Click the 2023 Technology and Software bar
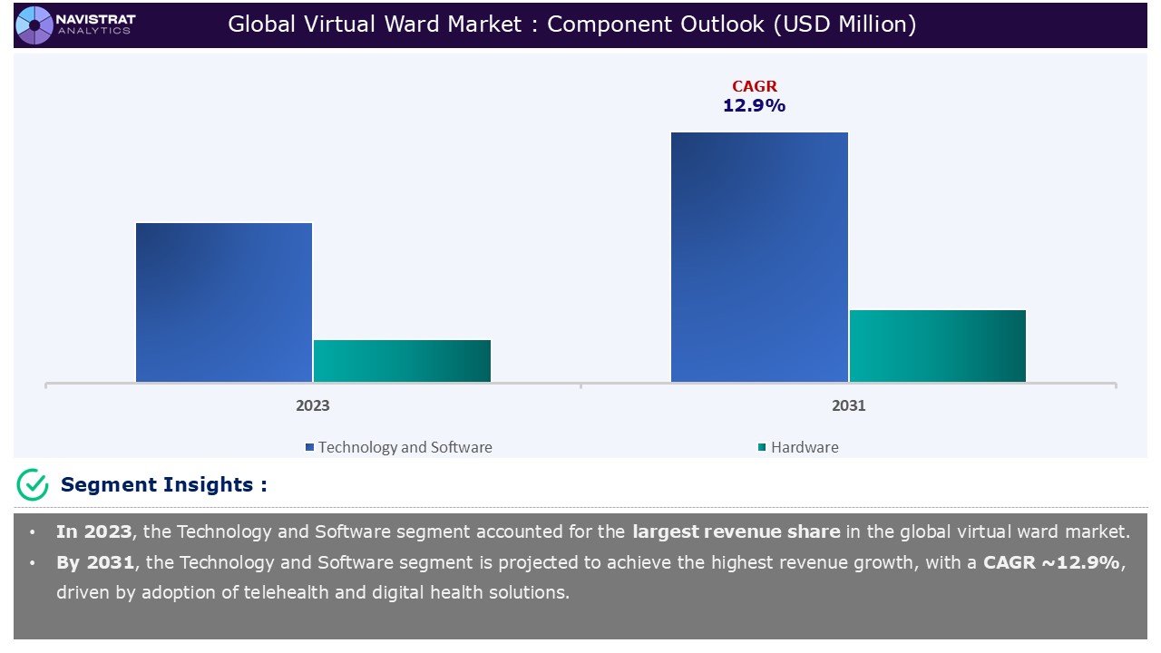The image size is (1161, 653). (x=224, y=302)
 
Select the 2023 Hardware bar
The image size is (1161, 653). (x=402, y=361)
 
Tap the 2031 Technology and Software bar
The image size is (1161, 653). (x=759, y=257)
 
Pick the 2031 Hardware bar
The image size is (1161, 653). (x=938, y=346)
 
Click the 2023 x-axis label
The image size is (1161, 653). (x=313, y=405)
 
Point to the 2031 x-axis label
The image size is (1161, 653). (x=849, y=405)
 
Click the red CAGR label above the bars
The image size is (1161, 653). (x=755, y=87)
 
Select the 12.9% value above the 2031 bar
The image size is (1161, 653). (x=754, y=106)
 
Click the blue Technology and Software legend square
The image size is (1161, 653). (x=309, y=447)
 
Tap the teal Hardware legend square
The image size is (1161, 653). (x=762, y=447)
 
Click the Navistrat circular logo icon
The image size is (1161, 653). (x=34, y=24)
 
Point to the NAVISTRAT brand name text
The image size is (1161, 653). (x=96, y=17)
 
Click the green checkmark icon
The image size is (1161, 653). (x=33, y=485)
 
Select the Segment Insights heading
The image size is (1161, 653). (x=163, y=485)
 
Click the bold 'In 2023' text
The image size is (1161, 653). (x=93, y=531)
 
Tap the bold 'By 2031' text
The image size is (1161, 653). (x=93, y=562)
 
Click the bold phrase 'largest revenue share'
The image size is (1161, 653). (x=736, y=531)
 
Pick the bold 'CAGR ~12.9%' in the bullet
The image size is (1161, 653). (x=1053, y=562)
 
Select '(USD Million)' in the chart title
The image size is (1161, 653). (x=844, y=24)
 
